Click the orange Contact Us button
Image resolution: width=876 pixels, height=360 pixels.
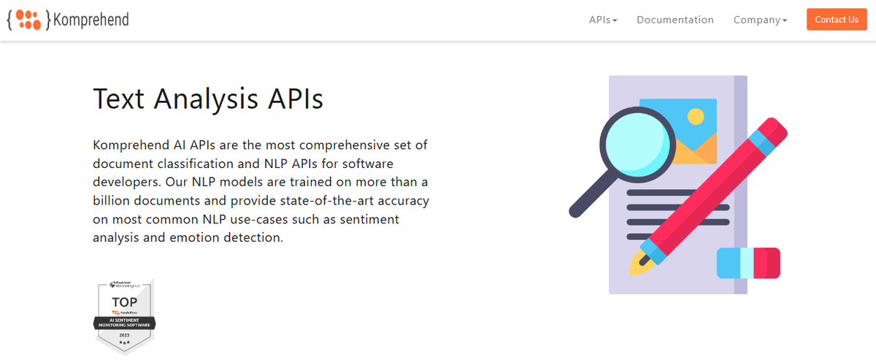836,20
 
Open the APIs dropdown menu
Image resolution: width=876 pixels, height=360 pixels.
603,20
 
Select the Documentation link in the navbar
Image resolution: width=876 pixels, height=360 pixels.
675,20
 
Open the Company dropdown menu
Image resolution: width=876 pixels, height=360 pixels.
760,20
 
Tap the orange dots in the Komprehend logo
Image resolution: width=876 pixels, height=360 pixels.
28,19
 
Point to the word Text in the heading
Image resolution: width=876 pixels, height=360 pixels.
118,99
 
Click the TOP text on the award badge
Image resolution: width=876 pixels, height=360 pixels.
125,302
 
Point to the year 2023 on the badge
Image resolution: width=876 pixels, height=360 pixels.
125,334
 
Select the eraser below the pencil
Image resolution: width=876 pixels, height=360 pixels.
748,263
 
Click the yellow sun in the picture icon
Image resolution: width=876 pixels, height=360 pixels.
696,116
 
